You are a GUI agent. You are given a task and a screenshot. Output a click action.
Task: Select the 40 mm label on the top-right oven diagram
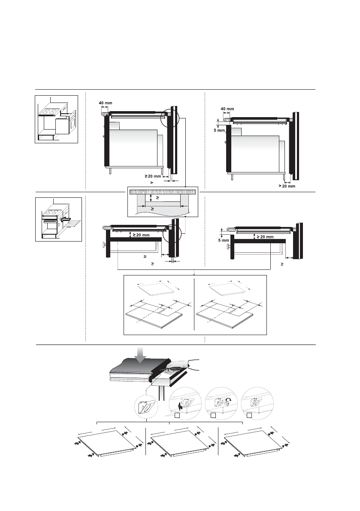[x=227, y=109]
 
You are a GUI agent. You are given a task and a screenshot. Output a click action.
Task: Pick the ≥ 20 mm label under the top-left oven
[x=152, y=176]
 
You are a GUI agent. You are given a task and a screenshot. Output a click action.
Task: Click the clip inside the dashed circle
[x=147, y=405]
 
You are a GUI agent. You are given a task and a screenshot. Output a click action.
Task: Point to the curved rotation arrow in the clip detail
[x=229, y=402]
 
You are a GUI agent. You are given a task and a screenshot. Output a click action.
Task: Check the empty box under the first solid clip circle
[x=177, y=416]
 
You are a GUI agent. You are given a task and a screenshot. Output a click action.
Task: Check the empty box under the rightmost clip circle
[x=249, y=416]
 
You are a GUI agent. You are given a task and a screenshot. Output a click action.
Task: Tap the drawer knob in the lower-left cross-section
[x=103, y=245]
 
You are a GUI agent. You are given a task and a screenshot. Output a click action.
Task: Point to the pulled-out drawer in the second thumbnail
[x=70, y=222]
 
